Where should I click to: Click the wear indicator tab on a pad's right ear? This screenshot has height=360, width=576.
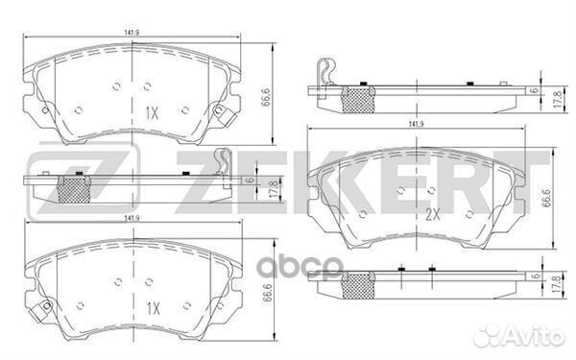(218, 112)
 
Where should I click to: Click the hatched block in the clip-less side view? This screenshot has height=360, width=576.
(357, 281)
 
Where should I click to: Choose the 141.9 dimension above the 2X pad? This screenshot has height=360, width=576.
(417, 125)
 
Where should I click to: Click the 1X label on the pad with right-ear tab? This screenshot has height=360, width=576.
(151, 113)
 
